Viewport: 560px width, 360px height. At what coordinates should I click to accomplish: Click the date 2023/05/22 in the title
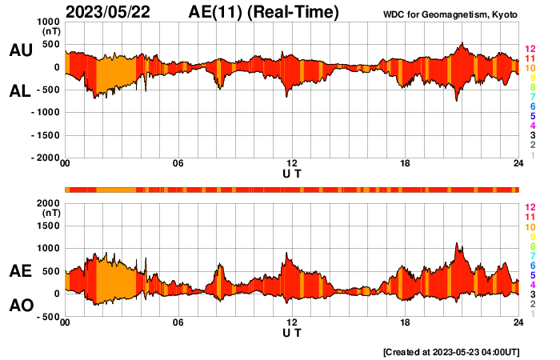point(112,12)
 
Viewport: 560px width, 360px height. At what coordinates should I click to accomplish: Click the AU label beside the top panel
point(21,50)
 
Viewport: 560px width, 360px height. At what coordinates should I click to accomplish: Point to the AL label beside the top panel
point(21,92)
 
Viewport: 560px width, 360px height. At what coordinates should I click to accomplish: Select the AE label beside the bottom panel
point(21,272)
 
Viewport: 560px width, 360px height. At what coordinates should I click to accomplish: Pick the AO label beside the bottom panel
point(21,305)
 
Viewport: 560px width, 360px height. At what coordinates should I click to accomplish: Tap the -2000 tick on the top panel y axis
point(46,158)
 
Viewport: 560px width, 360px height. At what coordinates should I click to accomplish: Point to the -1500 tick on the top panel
point(46,135)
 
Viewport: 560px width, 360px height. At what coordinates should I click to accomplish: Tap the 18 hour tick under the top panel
point(405,164)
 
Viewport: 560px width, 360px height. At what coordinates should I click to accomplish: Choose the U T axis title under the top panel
point(292,173)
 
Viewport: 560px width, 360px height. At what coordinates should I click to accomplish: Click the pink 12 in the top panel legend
point(530,50)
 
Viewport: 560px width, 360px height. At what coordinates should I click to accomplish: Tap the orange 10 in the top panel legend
point(530,69)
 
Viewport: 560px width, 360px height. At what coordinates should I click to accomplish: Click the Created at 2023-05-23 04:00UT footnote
point(451,351)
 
